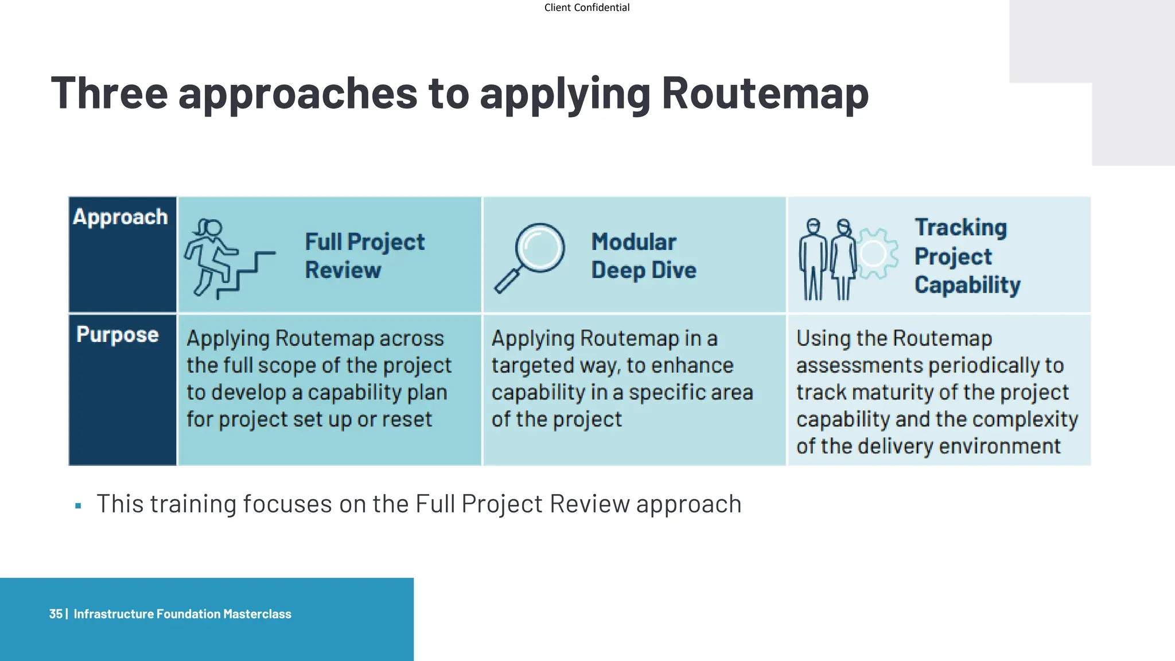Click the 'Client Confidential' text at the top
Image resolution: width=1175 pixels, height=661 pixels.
click(586, 7)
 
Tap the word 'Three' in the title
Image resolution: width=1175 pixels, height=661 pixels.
click(109, 94)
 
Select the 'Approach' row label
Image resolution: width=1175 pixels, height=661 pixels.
click(120, 217)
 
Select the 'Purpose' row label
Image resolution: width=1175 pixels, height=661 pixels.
click(118, 335)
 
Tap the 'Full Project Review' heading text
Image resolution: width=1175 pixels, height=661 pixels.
click(364, 256)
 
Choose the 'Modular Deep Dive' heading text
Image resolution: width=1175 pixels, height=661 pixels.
click(644, 256)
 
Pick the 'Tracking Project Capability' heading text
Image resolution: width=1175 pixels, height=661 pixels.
click(967, 256)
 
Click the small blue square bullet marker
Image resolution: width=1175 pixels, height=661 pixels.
click(79, 506)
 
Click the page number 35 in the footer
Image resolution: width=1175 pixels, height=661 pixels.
click(56, 614)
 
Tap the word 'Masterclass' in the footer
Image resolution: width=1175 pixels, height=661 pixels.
click(257, 614)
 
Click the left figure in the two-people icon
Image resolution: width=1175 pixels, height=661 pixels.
click(812, 259)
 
